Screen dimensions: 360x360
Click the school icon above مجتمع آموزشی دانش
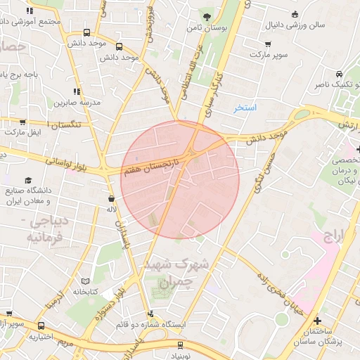coord(30,11)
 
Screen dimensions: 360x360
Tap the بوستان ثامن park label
coord(206,28)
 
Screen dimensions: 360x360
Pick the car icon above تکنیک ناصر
coord(339,74)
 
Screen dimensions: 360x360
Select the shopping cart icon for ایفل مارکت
coord(22,122)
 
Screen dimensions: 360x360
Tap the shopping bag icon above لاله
coord(112,198)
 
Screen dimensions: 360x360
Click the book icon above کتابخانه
coord(77,281)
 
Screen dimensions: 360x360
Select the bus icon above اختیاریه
coord(41,326)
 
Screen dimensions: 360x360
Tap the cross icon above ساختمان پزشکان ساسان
coord(318,320)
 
